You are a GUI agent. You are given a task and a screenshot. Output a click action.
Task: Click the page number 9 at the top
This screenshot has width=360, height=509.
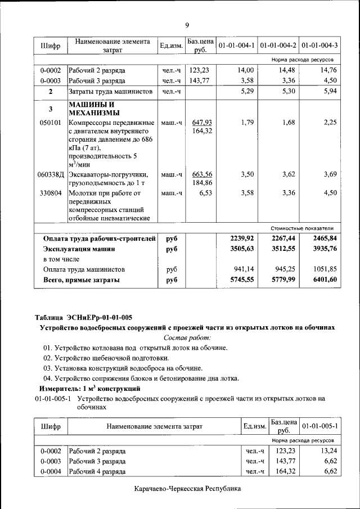[x=187, y=25]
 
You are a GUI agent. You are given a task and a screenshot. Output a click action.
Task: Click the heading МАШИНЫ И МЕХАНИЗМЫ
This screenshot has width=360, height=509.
[x=92, y=109]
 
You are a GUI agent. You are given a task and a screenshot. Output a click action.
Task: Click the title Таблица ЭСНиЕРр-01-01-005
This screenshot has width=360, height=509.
[x=83, y=317]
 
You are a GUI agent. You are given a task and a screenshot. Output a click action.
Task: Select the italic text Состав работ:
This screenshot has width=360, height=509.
[x=187, y=337]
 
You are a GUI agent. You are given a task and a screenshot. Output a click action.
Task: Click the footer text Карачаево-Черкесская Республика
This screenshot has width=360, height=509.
[x=187, y=489]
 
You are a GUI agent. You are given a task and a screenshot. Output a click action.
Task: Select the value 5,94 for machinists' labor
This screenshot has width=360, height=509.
[x=328, y=91]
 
